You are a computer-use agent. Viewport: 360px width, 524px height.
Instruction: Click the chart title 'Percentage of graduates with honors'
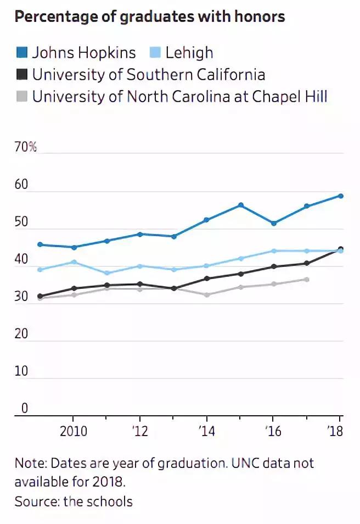[150, 17]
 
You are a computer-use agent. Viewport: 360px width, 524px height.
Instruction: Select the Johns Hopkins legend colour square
[21, 53]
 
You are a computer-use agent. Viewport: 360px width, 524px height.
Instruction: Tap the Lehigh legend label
[189, 53]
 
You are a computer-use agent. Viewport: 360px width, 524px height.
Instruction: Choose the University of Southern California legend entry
[148, 75]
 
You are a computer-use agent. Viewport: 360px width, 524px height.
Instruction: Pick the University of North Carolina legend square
[21, 97]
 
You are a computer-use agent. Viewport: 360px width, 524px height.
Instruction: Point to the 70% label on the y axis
[25, 147]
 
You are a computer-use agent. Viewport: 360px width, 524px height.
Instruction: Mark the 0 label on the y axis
[24, 408]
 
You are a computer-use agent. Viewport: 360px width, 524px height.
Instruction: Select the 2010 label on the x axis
[74, 431]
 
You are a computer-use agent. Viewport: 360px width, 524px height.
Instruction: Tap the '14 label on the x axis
[206, 431]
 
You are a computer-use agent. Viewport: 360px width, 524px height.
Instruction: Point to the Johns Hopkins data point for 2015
[240, 205]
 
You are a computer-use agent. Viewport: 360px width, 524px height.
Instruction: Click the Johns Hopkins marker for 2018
[341, 196]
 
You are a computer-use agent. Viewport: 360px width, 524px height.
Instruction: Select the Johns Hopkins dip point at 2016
[274, 223]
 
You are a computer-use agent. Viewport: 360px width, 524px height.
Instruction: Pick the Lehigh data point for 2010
[74, 262]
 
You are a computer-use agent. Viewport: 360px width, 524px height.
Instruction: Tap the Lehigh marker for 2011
[107, 273]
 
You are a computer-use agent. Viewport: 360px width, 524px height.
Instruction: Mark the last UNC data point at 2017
[307, 280]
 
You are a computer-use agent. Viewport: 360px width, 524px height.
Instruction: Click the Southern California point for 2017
[307, 263]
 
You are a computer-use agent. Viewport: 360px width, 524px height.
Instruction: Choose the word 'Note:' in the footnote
[30, 462]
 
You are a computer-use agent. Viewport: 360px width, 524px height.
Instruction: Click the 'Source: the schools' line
[74, 501]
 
